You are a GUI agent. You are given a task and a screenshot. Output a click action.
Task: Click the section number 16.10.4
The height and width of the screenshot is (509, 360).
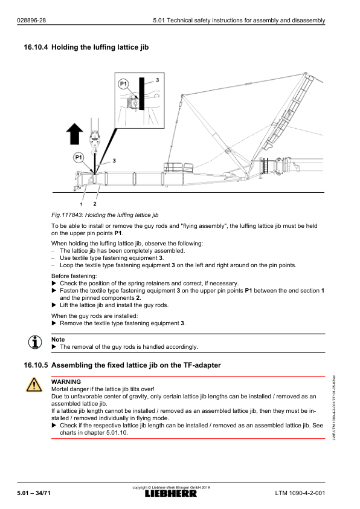[x=36, y=47]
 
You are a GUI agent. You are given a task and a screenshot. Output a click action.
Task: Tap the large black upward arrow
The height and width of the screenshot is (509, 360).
[x=74, y=134]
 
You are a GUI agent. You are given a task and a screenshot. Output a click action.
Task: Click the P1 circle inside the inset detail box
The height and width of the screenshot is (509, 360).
[x=123, y=84]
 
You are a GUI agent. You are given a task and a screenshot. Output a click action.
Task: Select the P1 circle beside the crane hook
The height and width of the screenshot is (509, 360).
[x=78, y=158]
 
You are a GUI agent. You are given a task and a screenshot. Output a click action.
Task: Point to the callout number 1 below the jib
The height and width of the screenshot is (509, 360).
[x=81, y=204]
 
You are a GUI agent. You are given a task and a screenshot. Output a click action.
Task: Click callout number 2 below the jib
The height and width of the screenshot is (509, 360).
[x=95, y=204]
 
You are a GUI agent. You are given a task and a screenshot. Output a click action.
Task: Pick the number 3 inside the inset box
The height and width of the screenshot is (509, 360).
[x=157, y=80]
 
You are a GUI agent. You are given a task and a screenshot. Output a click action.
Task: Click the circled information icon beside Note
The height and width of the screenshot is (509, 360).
[x=34, y=342]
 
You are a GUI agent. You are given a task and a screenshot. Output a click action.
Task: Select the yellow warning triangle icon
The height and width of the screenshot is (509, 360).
[x=34, y=384]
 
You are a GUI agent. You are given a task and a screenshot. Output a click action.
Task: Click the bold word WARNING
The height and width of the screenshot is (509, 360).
[x=66, y=382]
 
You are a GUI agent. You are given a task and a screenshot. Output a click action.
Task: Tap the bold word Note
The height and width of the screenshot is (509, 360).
[x=58, y=340]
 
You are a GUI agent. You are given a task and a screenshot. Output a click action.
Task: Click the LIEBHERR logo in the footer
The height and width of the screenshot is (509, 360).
[x=171, y=494]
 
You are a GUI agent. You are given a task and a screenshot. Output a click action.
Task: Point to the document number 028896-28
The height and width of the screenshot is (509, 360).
[x=31, y=21]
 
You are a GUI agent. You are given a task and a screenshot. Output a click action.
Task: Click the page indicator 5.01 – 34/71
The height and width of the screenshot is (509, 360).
[x=34, y=493]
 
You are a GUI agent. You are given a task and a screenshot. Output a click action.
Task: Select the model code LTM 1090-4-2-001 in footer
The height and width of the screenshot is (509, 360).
[x=300, y=493]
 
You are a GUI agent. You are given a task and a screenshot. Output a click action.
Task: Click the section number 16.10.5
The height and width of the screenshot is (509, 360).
[x=36, y=365]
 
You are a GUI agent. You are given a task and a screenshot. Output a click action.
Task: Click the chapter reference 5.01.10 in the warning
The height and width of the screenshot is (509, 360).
[x=117, y=433]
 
